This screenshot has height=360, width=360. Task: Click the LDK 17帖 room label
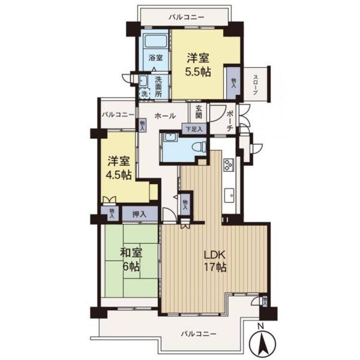(x=216, y=261)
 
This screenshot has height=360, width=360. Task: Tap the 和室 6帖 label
(x=131, y=260)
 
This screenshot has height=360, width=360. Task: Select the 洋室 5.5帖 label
(x=198, y=65)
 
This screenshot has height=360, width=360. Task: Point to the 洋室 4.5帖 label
(x=119, y=168)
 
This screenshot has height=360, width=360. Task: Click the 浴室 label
(x=156, y=58)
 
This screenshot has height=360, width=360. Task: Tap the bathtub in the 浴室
(x=156, y=42)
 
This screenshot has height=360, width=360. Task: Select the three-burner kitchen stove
(x=228, y=164)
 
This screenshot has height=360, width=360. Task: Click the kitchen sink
(x=229, y=195)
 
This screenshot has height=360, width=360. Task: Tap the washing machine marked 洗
(x=144, y=94)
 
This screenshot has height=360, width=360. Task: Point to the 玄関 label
(x=199, y=112)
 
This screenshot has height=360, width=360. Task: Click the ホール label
(x=165, y=116)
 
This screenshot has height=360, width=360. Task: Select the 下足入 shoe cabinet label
(x=194, y=129)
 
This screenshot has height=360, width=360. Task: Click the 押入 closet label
(x=139, y=215)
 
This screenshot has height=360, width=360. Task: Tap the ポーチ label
(x=229, y=121)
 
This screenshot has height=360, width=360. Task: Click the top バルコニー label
(x=186, y=17)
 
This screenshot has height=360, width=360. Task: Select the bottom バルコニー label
(x=199, y=334)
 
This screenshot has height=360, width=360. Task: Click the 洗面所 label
(x=158, y=86)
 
